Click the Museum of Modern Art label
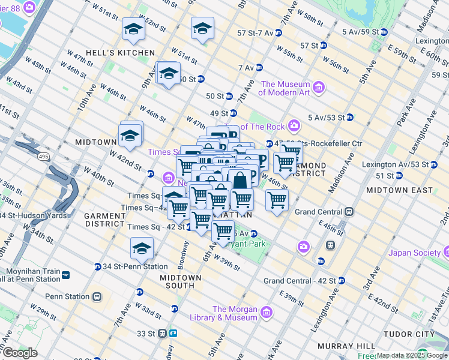coord(285,88)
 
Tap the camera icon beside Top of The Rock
coord(294,126)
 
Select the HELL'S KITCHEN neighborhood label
coord(128,53)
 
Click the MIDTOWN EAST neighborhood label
coord(399,190)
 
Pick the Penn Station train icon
coord(97,296)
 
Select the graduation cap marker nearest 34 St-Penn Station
coord(142,248)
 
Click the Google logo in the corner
coord(20,353)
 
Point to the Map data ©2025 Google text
coord(412,355)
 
